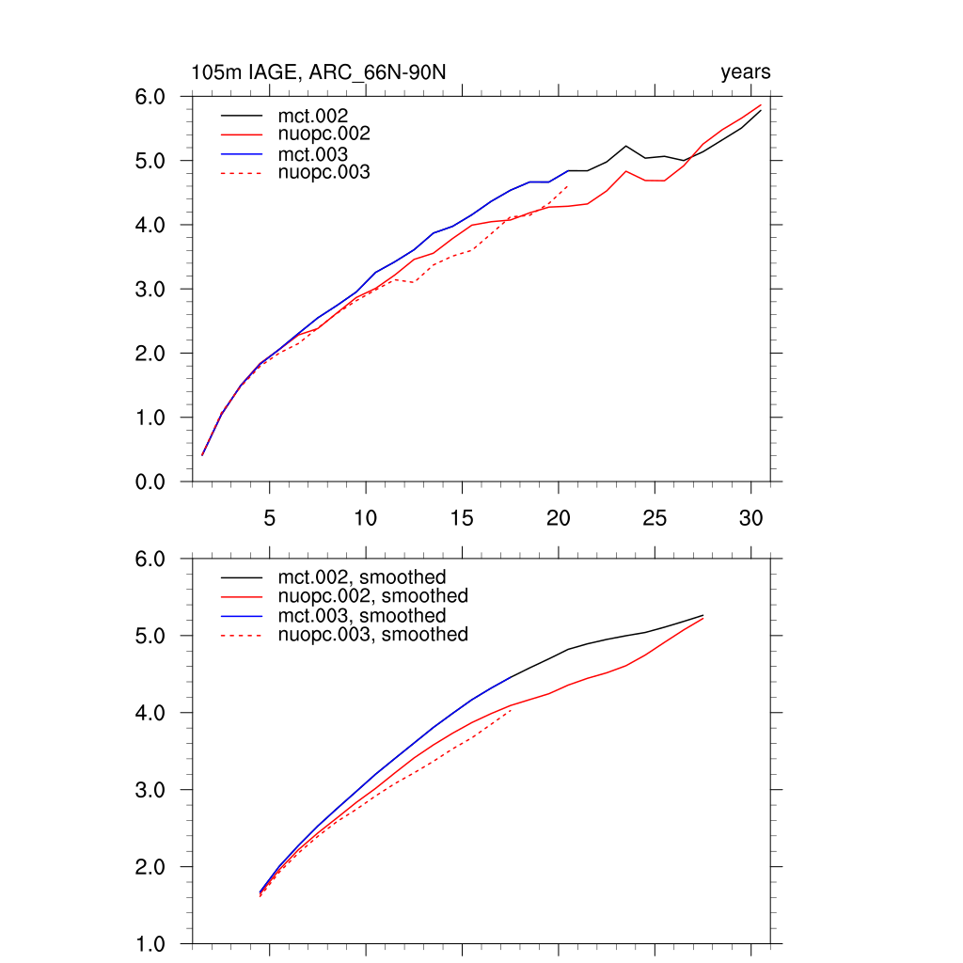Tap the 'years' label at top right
pyautogui.click(x=745, y=72)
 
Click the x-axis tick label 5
pyautogui.click(x=270, y=517)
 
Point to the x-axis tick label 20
pyautogui.click(x=559, y=517)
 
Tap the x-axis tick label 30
pyautogui.click(x=750, y=517)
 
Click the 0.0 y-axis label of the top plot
pyautogui.click(x=151, y=481)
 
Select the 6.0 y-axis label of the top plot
pyautogui.click(x=151, y=97)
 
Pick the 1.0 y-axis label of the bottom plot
pyautogui.click(x=151, y=943)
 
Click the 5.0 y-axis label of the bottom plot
pyautogui.click(x=151, y=636)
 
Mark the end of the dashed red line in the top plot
pyautogui.click(x=568, y=186)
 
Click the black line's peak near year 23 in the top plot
pyautogui.click(x=625, y=146)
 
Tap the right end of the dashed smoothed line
pyautogui.click(x=511, y=710)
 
